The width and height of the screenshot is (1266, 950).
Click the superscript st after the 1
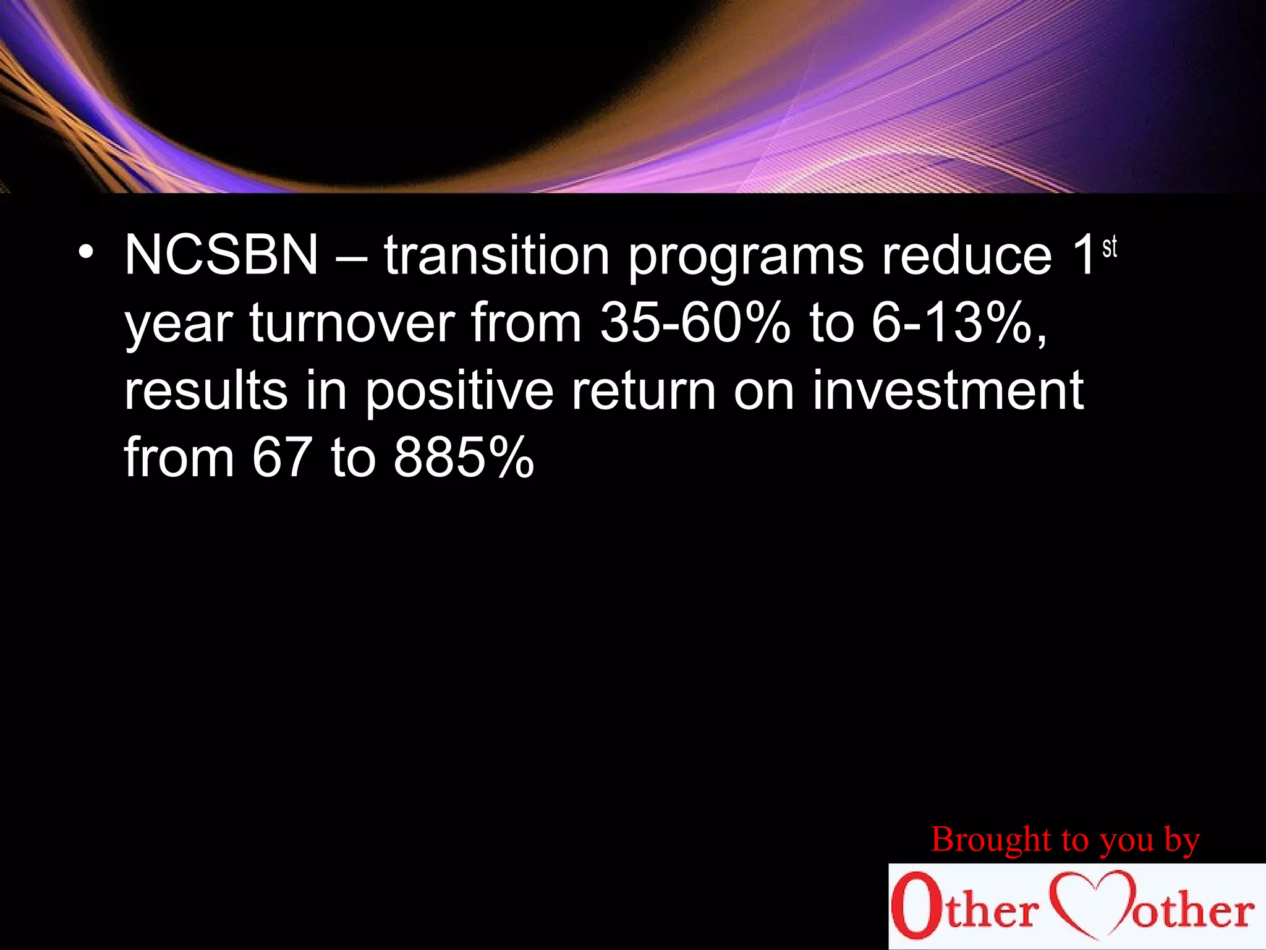coord(1110,247)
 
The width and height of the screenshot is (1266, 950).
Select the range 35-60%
coord(695,323)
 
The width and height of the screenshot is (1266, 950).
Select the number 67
coord(281,458)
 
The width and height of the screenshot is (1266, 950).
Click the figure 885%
coord(464,458)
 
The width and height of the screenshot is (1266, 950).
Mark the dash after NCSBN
coord(350,255)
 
